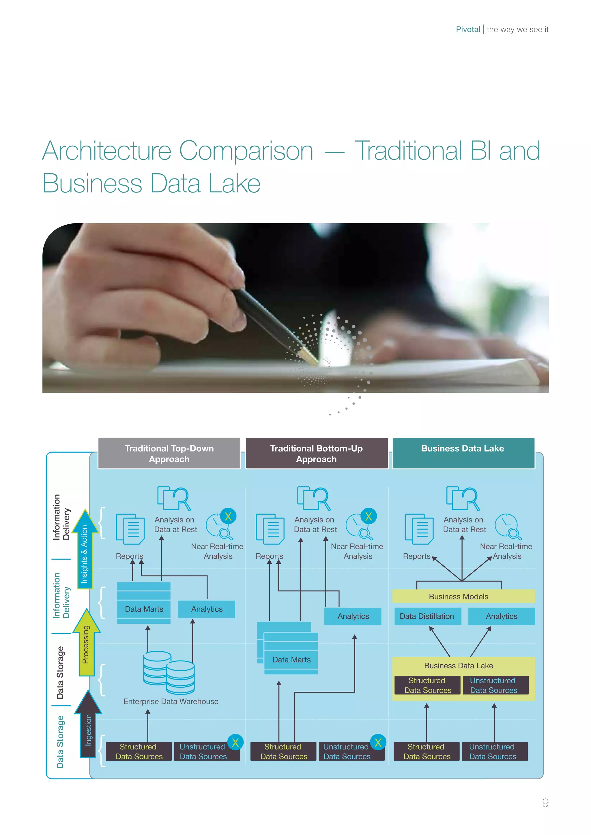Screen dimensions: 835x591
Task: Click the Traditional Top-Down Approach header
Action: (169, 454)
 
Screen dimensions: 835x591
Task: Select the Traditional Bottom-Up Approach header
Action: (317, 454)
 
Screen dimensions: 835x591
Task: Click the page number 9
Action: (545, 803)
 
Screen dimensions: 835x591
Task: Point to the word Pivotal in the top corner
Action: (468, 29)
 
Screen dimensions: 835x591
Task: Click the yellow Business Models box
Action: (463, 597)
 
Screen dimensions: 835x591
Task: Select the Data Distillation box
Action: (427, 616)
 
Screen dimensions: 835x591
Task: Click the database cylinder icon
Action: (169, 672)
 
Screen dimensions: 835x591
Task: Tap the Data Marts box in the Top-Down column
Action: (144, 609)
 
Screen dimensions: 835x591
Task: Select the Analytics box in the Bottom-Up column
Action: (353, 616)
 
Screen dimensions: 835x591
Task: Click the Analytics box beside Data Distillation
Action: (501, 616)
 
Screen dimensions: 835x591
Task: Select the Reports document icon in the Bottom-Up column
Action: (270, 529)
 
